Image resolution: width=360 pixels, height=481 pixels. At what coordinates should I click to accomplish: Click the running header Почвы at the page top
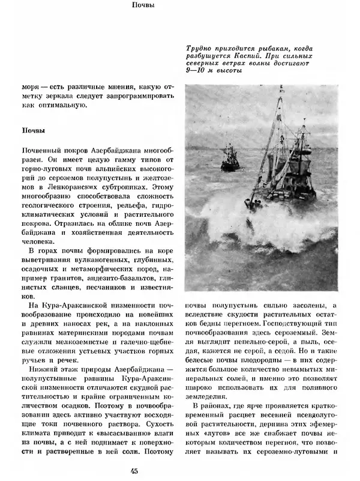click(143, 7)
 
